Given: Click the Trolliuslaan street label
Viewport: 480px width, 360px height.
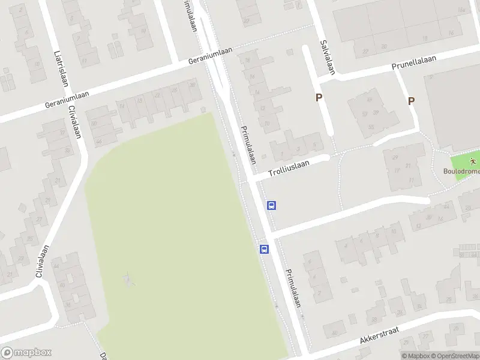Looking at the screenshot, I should (x=289, y=167).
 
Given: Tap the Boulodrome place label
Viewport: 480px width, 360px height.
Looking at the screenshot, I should (x=461, y=171).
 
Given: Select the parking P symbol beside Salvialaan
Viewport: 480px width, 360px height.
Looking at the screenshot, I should (x=319, y=97).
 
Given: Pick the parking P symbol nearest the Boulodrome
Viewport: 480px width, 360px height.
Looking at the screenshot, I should (x=411, y=101).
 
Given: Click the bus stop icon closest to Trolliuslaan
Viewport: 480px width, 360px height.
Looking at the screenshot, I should (x=271, y=206).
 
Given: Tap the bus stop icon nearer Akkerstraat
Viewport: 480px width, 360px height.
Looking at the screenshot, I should (x=263, y=249).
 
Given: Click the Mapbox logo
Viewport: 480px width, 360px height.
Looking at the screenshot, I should (x=26, y=353).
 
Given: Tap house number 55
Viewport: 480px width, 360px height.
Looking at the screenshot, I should (x=371, y=127).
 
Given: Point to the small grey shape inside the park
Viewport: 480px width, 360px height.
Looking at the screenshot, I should (x=127, y=279).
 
